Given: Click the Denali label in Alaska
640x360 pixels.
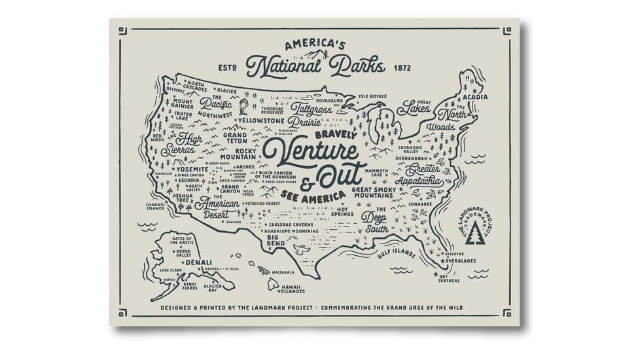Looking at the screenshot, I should (x=198, y=262).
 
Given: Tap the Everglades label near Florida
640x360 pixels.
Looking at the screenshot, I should (x=462, y=261).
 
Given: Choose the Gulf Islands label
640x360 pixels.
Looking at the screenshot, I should (x=396, y=253).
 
